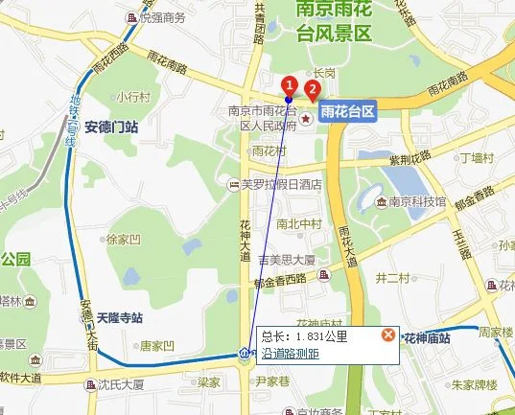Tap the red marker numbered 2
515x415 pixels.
pos(311,89)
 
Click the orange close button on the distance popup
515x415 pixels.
pos(387,334)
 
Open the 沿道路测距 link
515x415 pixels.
pos(292,353)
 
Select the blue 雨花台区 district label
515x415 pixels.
pos(348,111)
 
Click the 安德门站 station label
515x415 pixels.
pos(111,126)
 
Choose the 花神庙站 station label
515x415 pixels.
pos(428,338)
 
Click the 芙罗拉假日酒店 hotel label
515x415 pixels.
pos(279,185)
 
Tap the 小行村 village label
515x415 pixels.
pos(132,98)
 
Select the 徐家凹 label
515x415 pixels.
pos(124,239)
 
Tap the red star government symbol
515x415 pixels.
pos(306,119)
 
